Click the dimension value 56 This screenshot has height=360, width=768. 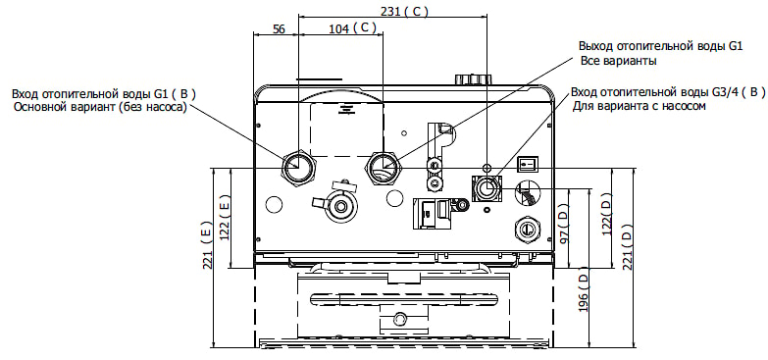click(279, 28)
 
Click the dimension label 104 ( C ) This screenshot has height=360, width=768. click(353, 28)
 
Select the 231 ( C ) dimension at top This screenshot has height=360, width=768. click(404, 12)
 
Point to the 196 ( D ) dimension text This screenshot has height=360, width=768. click(583, 293)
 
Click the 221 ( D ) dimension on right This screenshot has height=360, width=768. click(628, 247)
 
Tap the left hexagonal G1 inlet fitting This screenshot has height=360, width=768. click(297, 167)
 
